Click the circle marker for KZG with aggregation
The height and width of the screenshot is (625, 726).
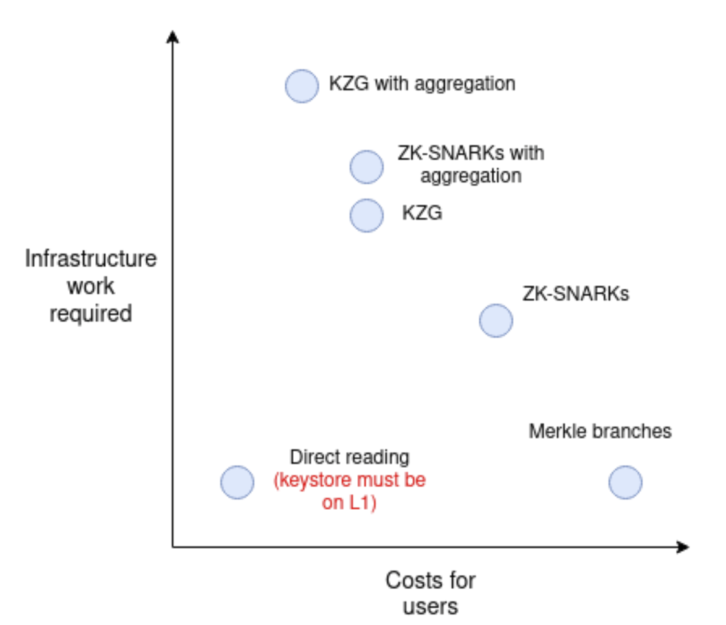click(302, 86)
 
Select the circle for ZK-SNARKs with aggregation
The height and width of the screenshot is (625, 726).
click(367, 167)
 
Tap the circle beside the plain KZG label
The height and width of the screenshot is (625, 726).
click(367, 215)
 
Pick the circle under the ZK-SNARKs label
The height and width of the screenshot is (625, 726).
click(496, 320)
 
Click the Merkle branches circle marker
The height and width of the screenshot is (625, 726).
click(626, 482)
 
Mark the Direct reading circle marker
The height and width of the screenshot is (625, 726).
click(237, 482)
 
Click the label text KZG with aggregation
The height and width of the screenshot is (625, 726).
click(422, 84)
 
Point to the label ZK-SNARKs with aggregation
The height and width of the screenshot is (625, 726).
click(470, 164)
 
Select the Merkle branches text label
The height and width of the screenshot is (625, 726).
click(600, 431)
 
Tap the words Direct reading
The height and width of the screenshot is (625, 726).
click(349, 457)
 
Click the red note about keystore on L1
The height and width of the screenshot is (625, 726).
click(349, 492)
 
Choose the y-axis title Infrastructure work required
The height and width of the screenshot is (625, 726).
click(91, 286)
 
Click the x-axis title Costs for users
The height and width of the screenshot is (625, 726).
click(430, 593)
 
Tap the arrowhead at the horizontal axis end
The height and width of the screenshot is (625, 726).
click(683, 547)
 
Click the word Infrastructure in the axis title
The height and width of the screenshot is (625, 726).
click(91, 259)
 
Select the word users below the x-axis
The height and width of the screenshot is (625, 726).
click(430, 607)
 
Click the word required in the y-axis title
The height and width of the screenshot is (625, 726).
click(91, 314)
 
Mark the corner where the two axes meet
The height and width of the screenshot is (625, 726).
click(173, 547)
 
